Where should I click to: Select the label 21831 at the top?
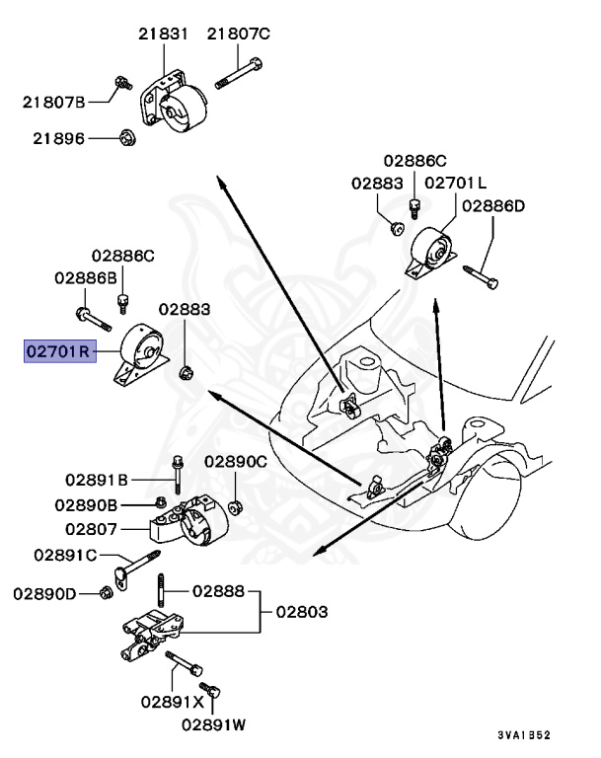[x=163, y=34]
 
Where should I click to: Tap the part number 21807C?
[x=238, y=34]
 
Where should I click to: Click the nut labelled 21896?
[x=126, y=137]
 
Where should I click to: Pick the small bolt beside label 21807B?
[x=120, y=86]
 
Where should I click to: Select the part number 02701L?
[x=455, y=183]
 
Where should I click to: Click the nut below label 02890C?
[x=236, y=508]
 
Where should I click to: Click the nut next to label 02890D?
[x=107, y=592]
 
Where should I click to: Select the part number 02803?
[x=301, y=612]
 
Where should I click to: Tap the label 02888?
[x=218, y=591]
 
